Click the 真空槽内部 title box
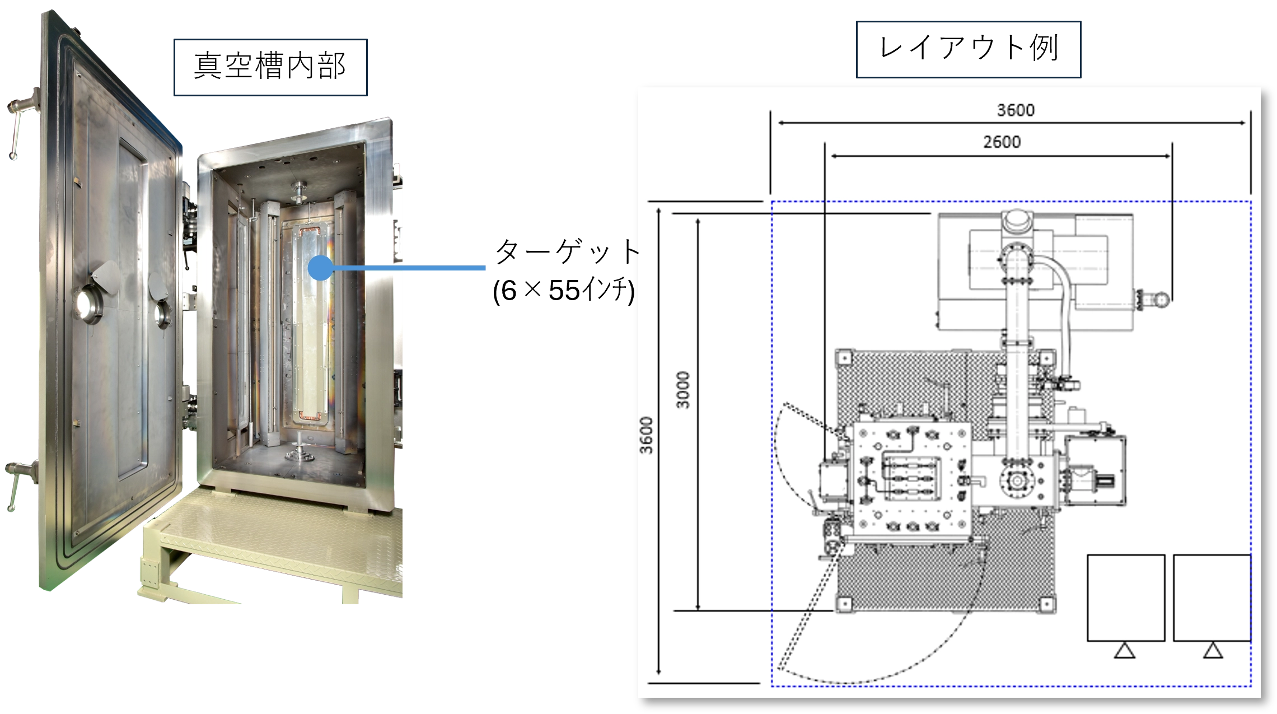(x=270, y=67)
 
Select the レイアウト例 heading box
(x=969, y=49)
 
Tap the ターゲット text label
(x=567, y=251)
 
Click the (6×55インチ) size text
(x=564, y=290)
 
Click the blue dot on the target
(x=321, y=268)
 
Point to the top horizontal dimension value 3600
(x=1016, y=110)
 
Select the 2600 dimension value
(x=1002, y=142)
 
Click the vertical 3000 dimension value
(x=682, y=390)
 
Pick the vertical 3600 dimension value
(x=647, y=435)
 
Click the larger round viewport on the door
(x=89, y=304)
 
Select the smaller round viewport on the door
(x=162, y=314)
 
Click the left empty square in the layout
(x=1126, y=598)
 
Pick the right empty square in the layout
(x=1212, y=598)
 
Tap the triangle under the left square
(x=1124, y=651)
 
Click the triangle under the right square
(x=1213, y=651)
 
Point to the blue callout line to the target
(x=409, y=268)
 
